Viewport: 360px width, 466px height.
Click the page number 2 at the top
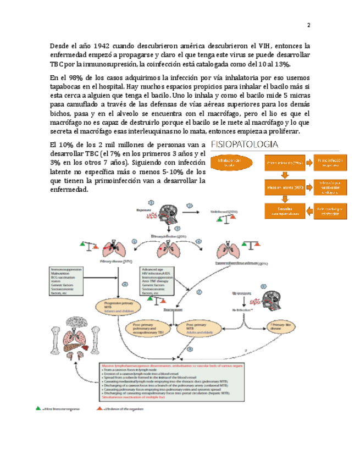(x=308, y=26)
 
